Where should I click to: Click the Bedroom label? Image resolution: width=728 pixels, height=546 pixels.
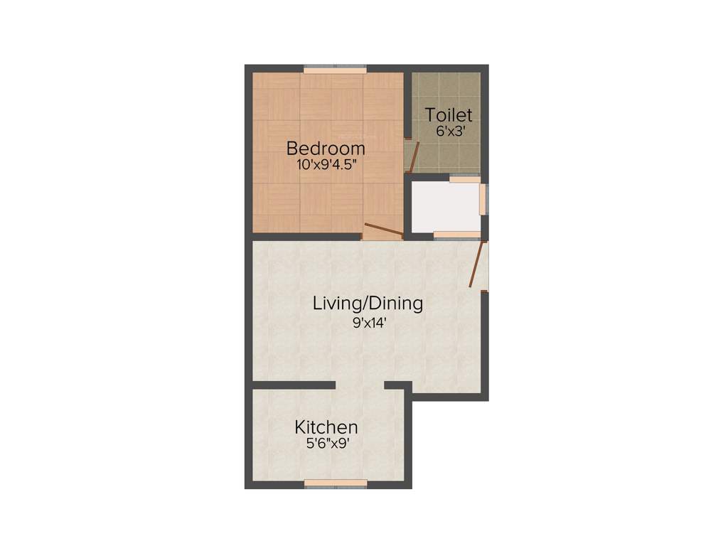[326, 149]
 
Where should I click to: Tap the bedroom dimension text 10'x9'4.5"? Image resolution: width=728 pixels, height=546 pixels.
[326, 164]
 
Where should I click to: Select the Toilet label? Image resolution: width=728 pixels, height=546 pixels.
[449, 115]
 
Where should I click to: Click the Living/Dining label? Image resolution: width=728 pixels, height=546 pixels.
[368, 304]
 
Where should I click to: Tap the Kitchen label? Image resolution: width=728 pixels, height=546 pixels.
[326, 427]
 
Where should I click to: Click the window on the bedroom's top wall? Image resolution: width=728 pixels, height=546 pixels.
[335, 69]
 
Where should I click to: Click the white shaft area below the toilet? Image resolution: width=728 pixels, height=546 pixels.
[445, 207]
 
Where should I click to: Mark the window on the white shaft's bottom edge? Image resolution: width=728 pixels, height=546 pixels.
[456, 235]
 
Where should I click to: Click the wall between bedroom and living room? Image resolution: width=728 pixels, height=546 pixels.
[306, 236]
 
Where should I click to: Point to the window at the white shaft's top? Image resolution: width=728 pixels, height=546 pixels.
[465, 179]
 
